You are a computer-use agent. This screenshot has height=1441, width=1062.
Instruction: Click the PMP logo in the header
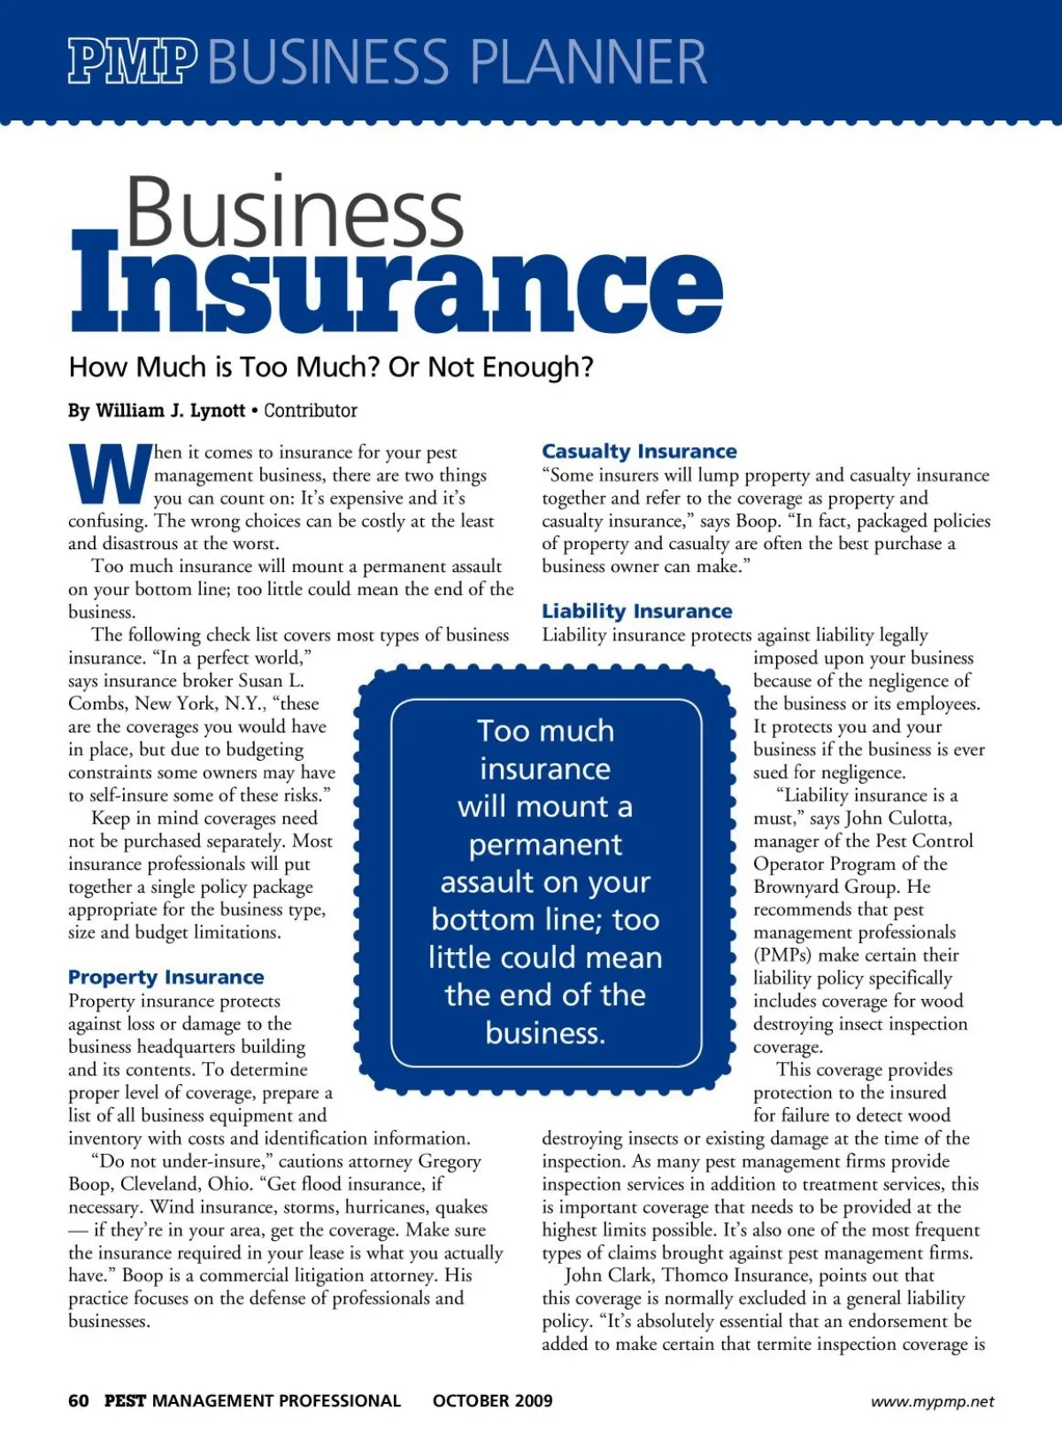click(x=133, y=61)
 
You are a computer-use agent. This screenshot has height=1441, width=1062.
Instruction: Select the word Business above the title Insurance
click(x=295, y=213)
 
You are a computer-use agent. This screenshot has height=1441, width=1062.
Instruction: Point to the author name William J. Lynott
click(x=170, y=411)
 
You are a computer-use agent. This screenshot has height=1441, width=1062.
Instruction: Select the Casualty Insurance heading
click(x=639, y=452)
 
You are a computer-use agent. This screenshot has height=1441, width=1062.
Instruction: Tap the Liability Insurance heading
click(x=637, y=611)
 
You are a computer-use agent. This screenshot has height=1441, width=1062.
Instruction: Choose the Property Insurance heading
click(x=166, y=977)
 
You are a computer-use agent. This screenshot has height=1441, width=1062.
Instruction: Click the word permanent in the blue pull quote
click(x=545, y=845)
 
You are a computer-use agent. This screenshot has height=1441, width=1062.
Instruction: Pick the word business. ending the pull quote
click(x=545, y=1034)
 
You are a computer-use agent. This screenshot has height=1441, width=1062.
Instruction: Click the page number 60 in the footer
click(x=79, y=1400)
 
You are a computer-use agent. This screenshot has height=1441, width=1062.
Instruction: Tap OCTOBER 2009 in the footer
click(x=492, y=1400)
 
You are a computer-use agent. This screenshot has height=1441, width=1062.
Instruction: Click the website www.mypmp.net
click(x=932, y=1401)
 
